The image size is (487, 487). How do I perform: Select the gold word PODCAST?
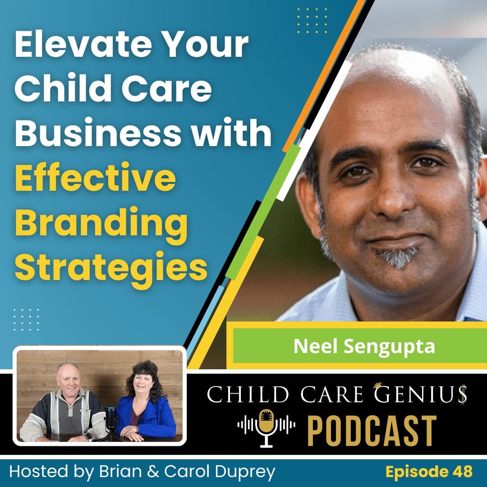[x=372, y=430]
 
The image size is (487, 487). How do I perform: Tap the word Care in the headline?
[x=174, y=89]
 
